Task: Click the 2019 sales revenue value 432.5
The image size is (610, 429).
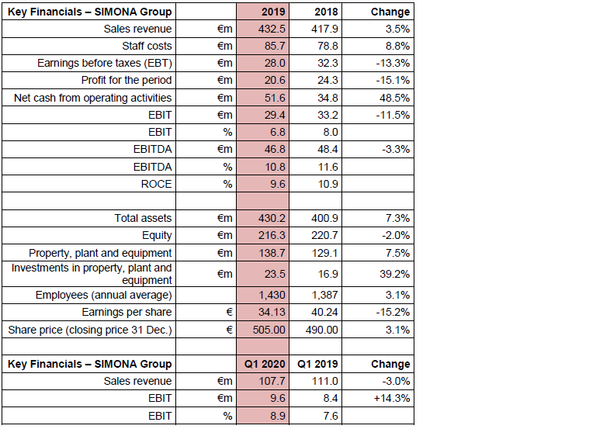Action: coord(271,29)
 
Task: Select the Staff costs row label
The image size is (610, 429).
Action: coord(147,47)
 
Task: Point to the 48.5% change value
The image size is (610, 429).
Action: coord(393,98)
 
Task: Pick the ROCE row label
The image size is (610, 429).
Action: coord(158,184)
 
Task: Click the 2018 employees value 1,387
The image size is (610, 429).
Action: coord(324,295)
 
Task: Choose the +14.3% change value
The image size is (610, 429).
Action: coord(391,399)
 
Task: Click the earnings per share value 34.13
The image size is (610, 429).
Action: coord(271,312)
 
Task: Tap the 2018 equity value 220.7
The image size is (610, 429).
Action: coord(324,235)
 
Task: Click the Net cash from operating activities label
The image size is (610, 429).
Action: coord(93,98)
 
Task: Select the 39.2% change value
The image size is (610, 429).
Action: coord(393,274)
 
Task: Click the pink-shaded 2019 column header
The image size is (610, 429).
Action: coord(272,12)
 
